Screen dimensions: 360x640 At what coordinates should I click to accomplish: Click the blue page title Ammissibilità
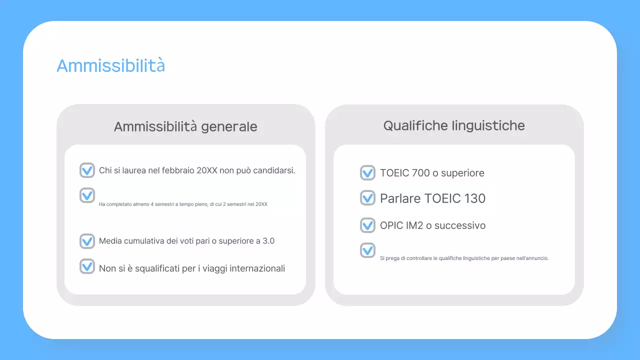[110, 65]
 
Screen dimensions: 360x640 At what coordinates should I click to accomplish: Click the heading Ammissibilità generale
[185, 127]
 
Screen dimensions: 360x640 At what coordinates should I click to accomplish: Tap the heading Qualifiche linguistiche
[454, 125]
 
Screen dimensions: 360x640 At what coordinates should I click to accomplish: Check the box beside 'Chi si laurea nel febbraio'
[87, 170]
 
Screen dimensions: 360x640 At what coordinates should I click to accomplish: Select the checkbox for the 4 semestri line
[87, 195]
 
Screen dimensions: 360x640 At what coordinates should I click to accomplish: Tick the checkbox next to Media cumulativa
[87, 241]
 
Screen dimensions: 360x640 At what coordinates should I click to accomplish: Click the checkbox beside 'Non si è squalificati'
[87, 266]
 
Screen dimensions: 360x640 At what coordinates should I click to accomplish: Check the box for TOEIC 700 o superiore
[367, 173]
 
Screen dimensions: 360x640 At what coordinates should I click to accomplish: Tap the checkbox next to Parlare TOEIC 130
[367, 198]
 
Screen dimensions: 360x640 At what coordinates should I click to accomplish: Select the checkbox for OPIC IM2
[367, 225]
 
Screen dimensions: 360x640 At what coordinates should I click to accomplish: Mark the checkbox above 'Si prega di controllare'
[367, 250]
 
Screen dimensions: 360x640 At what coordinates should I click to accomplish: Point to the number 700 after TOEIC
[421, 173]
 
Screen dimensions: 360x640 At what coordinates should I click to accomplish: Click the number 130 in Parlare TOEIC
[474, 198]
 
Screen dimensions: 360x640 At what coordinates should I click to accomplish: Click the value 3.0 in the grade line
[268, 241]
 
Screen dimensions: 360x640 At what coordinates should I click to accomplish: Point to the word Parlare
[400, 198]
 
